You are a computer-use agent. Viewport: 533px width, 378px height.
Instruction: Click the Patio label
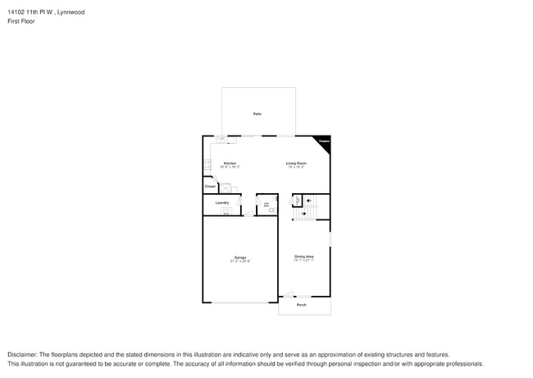click(257, 113)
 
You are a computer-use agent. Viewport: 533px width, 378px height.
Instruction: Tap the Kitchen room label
click(230, 163)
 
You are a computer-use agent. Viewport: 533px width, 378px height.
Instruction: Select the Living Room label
click(296, 163)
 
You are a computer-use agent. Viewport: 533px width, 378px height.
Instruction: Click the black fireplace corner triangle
click(326, 141)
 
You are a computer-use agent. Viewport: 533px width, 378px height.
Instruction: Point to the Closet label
click(211, 187)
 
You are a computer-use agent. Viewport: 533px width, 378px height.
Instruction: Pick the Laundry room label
click(221, 202)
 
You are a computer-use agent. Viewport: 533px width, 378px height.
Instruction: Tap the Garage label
click(239, 256)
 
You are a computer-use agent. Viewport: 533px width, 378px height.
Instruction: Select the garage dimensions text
click(239, 261)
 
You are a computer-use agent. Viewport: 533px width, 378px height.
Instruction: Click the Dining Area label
click(304, 256)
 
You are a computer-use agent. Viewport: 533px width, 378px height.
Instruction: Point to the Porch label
click(301, 305)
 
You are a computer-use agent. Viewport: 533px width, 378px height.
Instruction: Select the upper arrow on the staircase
click(309, 200)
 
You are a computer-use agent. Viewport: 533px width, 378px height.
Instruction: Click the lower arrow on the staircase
click(304, 214)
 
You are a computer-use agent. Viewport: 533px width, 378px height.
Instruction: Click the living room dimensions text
click(296, 167)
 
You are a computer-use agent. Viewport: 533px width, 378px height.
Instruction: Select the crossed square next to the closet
click(227, 187)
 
